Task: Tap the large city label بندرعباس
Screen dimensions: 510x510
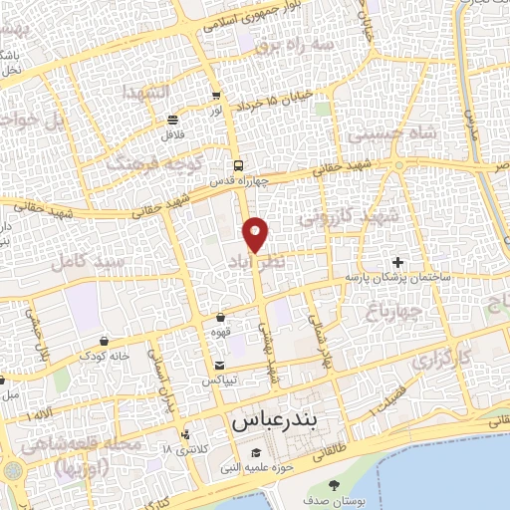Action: [x=280, y=421]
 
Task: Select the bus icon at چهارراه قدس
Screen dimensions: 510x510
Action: [x=237, y=165]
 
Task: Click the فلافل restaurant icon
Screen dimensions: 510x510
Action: [x=173, y=118]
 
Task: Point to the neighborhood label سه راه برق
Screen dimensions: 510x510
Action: [x=292, y=45]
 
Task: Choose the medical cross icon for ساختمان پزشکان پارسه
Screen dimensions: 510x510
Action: [x=398, y=261]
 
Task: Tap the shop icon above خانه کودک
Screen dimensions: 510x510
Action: [x=105, y=341]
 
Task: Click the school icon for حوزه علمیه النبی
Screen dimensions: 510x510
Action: [x=256, y=455]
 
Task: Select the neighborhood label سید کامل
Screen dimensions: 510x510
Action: [x=96, y=261]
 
